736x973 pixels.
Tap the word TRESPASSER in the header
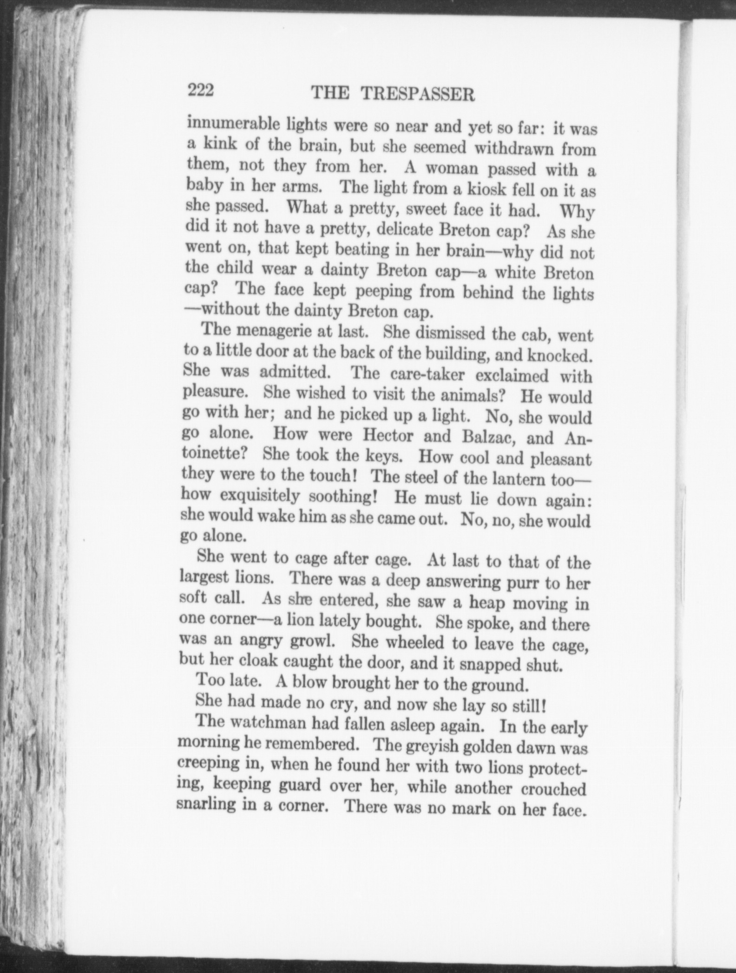pyautogui.click(x=418, y=94)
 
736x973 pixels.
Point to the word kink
pyautogui.click(x=221, y=144)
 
